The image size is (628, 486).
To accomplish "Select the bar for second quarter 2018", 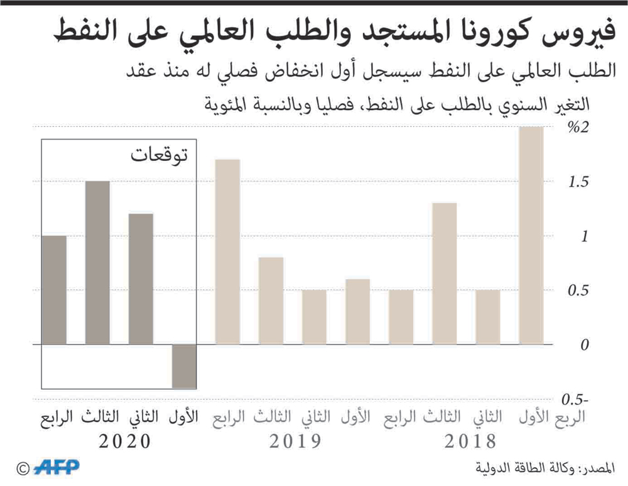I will (487, 317).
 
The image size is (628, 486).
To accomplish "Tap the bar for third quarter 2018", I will (444, 273).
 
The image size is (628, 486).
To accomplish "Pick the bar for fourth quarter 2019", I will (227, 251).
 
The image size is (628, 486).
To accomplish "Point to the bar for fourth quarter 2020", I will (54, 290).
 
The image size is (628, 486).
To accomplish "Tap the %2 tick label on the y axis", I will (578, 128).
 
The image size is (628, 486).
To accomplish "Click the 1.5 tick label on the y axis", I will (578, 182).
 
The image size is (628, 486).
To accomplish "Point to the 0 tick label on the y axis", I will (585, 345).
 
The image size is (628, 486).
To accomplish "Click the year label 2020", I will (125, 441).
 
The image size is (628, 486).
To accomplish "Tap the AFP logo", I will (56, 467).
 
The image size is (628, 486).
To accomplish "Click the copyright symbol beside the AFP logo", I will (23, 468).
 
